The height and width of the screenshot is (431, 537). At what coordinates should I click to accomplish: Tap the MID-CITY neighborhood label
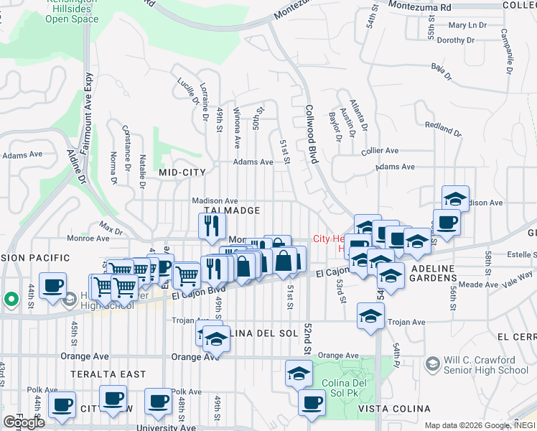[182, 172]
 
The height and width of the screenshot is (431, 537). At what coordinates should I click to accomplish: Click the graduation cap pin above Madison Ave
[455, 198]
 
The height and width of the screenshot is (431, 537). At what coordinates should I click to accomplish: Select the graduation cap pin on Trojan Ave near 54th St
[370, 315]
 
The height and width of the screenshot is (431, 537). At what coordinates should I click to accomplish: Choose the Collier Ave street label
[380, 151]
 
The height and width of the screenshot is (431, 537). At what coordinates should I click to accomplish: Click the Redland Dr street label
[443, 129]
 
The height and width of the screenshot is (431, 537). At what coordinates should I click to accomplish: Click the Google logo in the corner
[24, 422]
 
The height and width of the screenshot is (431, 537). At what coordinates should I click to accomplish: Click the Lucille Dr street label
[186, 91]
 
